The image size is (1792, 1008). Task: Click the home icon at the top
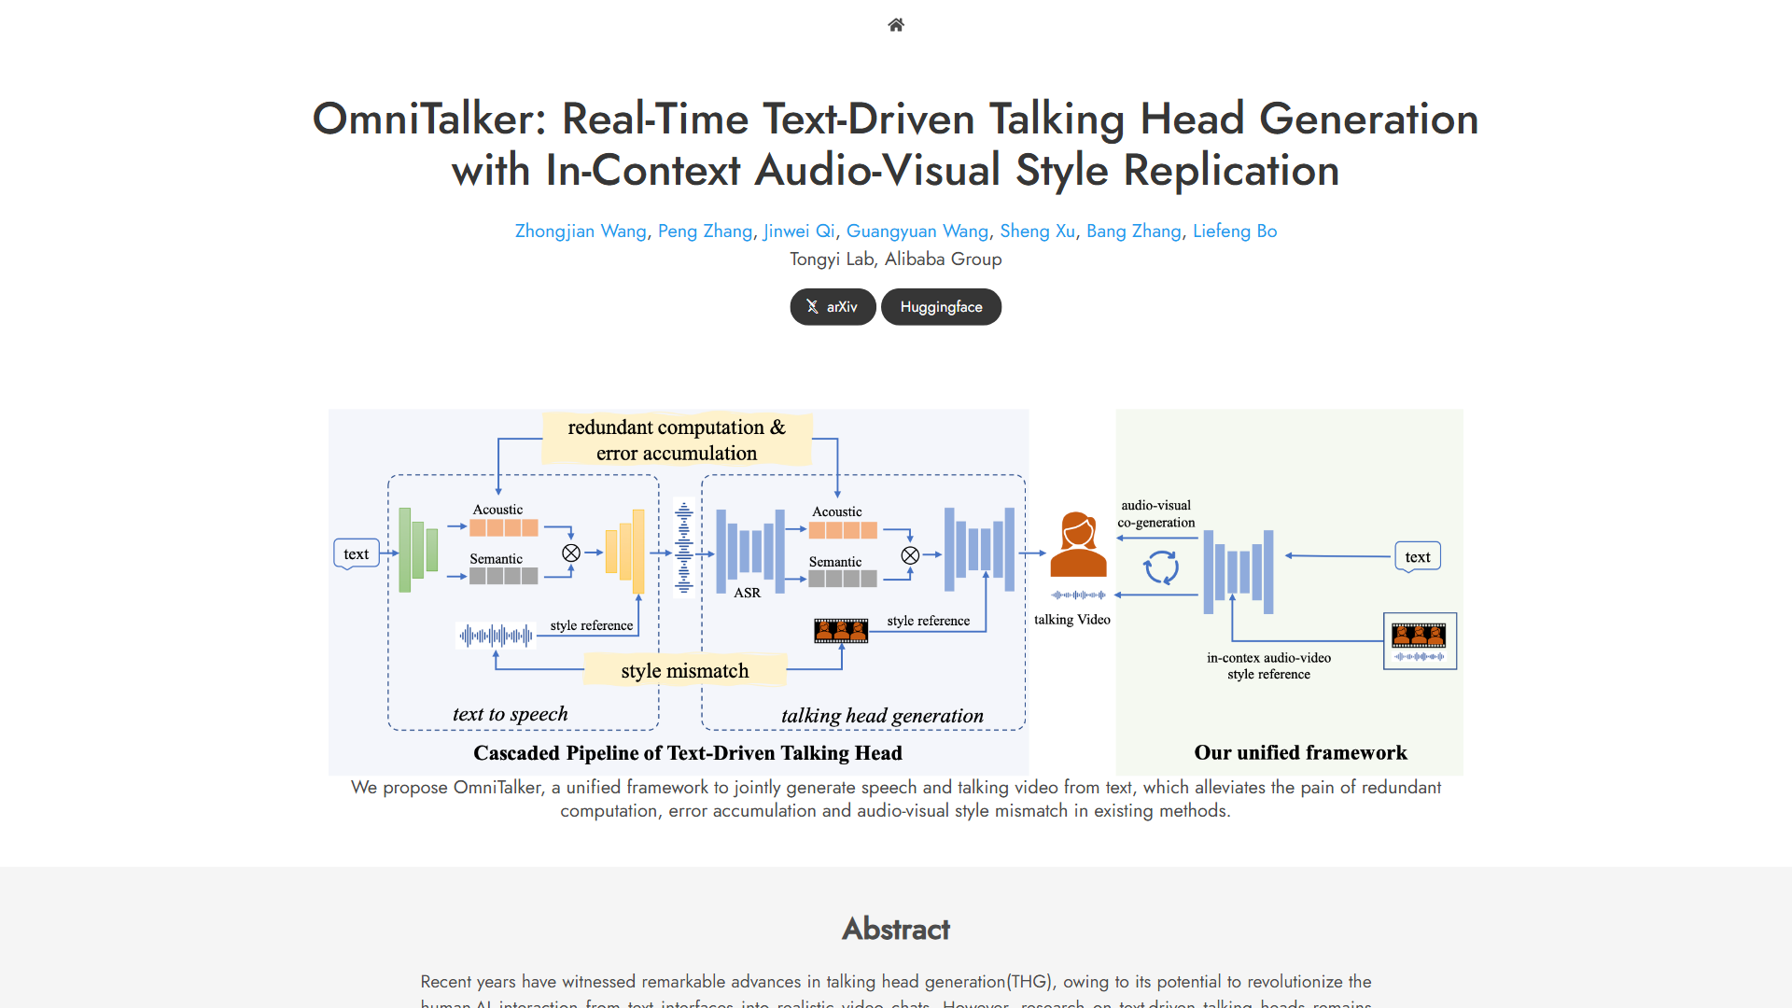click(896, 25)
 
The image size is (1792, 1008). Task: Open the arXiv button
click(833, 307)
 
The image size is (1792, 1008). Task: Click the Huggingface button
click(941, 307)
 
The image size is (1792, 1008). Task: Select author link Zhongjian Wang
click(581, 231)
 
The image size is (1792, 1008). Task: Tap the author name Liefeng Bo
click(1235, 231)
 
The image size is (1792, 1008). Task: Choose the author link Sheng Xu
click(1037, 231)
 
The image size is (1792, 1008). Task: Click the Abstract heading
click(896, 929)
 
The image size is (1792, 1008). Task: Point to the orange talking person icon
click(1078, 545)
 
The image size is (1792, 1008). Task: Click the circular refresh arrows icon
click(1162, 567)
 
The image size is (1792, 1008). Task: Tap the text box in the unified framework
click(1417, 557)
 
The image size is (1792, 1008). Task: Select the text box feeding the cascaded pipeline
click(357, 553)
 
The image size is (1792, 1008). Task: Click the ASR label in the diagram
click(747, 593)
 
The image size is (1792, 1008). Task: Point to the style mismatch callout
click(685, 670)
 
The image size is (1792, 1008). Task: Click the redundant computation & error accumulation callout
click(677, 440)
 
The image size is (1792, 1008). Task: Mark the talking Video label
click(1072, 620)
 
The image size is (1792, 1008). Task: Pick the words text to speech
click(510, 714)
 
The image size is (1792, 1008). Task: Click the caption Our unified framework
click(1300, 752)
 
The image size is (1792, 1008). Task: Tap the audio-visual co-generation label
click(1156, 513)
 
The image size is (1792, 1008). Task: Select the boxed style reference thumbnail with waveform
click(1420, 641)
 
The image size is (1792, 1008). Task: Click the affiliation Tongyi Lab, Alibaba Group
click(896, 259)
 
